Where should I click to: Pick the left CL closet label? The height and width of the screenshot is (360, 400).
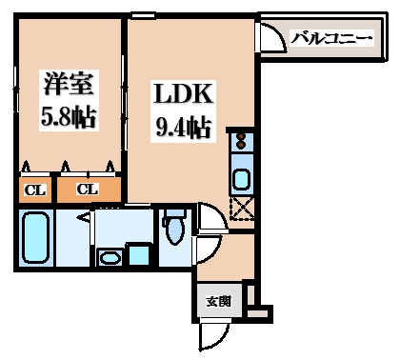33,189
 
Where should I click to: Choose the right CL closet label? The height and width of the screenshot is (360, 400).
88,189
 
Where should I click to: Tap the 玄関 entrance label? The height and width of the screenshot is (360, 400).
218,301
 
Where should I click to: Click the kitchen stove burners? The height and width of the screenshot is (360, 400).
240,145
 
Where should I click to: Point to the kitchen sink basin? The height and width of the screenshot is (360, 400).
241,178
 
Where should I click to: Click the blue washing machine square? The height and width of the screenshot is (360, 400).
139,254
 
